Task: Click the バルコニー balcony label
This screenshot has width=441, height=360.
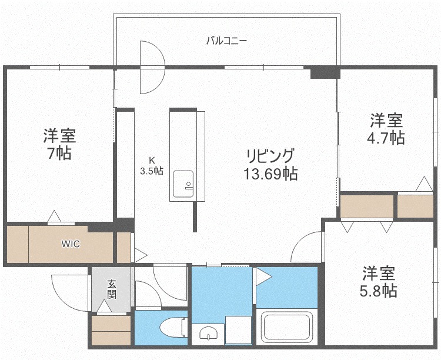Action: pos(226,41)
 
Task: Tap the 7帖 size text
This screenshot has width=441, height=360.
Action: pos(59,154)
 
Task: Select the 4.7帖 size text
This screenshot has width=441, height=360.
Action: pos(386,138)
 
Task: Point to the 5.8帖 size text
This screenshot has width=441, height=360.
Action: pos(378,291)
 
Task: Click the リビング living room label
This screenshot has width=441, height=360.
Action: pos(270,156)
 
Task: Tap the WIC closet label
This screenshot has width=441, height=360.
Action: pos(71,244)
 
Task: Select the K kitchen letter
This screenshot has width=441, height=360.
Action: pos(151,160)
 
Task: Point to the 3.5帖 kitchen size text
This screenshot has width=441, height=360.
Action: pos(151,171)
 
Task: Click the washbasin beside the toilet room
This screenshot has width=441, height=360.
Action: pos(209,334)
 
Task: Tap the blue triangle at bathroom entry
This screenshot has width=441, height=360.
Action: pos(262,275)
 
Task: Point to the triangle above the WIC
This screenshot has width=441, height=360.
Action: pos(54,217)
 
